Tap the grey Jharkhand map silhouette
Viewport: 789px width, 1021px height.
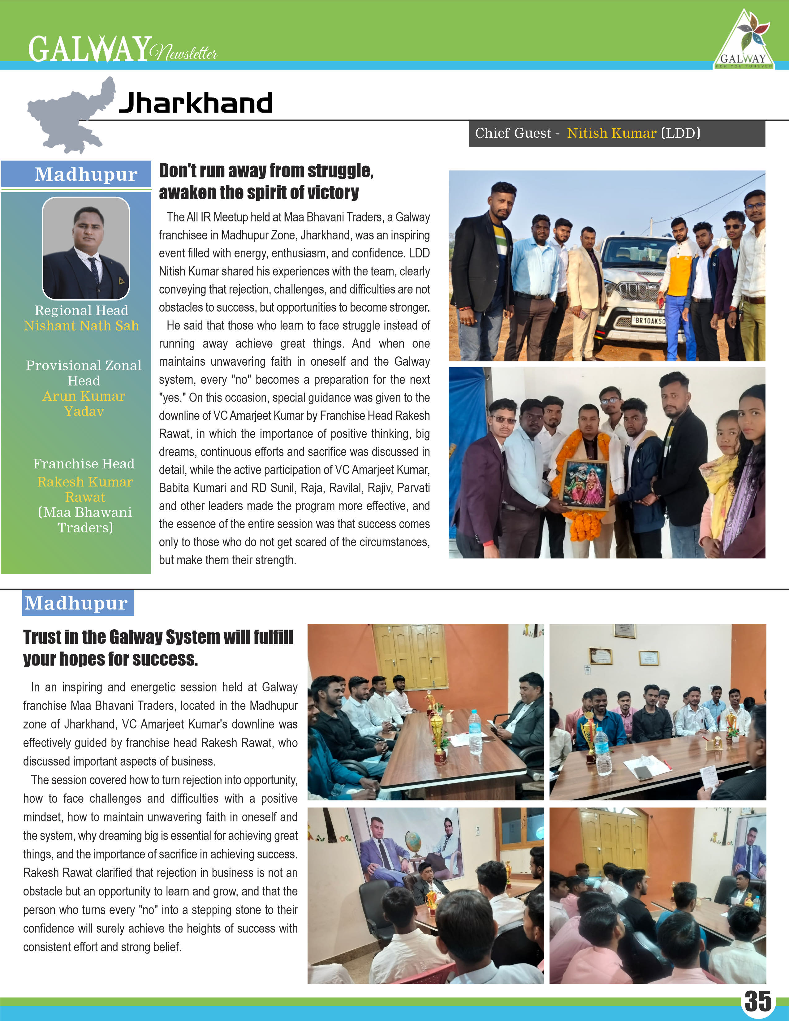[70, 117]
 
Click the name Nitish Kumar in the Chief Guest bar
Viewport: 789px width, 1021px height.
[611, 134]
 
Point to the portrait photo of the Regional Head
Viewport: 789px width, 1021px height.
[86, 248]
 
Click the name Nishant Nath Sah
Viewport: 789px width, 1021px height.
[82, 326]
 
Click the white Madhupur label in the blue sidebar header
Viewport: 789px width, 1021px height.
[86, 174]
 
